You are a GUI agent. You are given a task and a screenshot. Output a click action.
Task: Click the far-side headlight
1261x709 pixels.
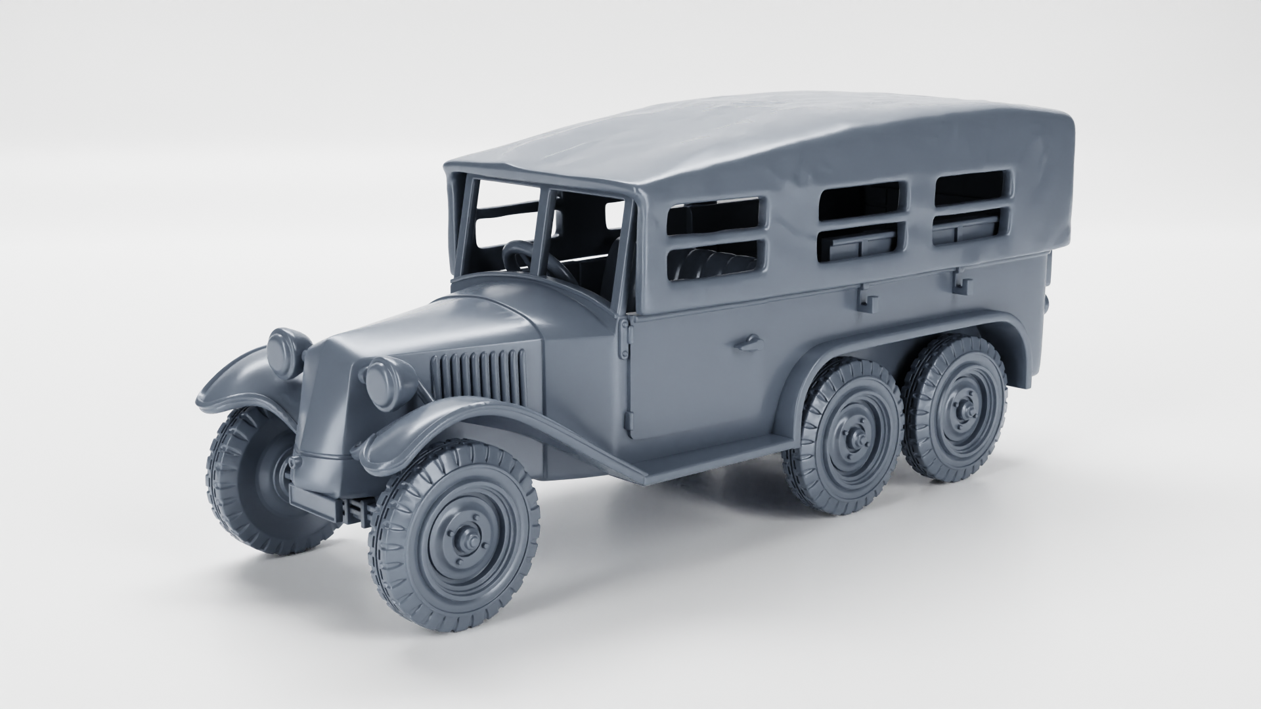(288, 353)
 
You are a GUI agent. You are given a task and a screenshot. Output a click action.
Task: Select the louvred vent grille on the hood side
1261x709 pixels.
(477, 377)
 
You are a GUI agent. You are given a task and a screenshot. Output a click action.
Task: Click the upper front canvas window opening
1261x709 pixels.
(716, 215)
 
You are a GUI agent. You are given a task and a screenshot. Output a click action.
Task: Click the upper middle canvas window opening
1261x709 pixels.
(862, 199)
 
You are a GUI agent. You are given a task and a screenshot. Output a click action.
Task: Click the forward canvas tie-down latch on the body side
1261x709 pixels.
(866, 299)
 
